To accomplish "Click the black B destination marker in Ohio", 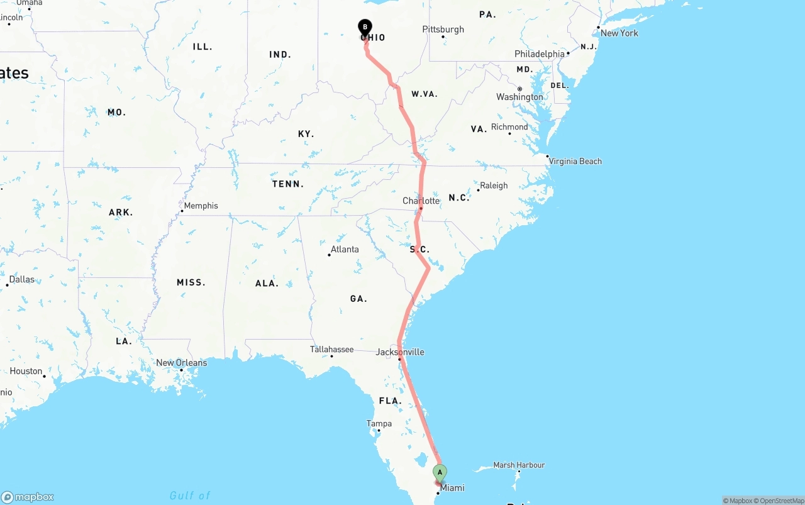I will (365, 28).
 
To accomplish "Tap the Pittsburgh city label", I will (443, 30).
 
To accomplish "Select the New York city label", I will (619, 33).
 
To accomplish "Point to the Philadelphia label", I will (540, 54).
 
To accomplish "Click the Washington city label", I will (519, 97).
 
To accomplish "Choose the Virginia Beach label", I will (575, 161).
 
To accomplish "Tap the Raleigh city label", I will (493, 186).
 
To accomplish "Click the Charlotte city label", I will (421, 201).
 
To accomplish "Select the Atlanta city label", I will (345, 249).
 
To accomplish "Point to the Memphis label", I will (201, 206).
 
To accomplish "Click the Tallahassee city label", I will (331, 349).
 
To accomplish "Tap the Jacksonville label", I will (400, 352).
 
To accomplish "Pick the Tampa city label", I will (379, 423).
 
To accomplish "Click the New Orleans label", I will (181, 362).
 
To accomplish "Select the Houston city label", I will (26, 371).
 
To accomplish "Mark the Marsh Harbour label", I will (519, 465).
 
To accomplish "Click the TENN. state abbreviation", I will (288, 184).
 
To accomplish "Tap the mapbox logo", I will (28, 497).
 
